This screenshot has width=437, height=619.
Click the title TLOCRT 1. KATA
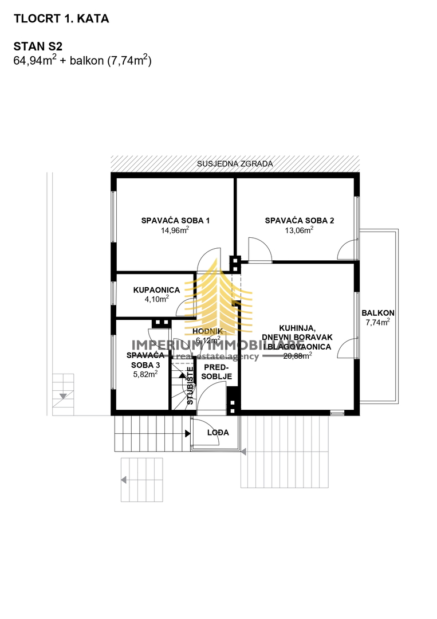point(61,19)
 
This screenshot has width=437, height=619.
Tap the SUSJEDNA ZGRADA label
point(235,163)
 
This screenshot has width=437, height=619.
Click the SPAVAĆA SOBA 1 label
point(176,220)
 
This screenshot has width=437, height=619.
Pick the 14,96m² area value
point(175,230)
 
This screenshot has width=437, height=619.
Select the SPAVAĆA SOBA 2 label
point(299,220)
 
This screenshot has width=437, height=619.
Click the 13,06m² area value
point(299,230)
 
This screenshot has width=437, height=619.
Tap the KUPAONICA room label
point(157,290)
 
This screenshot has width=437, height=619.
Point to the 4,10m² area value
point(157,299)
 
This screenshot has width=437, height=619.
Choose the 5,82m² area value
point(144,373)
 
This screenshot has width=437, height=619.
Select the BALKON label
point(377,313)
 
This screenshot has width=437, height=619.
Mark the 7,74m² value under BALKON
point(377,323)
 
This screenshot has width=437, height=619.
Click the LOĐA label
point(218,433)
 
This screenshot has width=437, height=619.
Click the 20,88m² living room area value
point(297,356)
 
